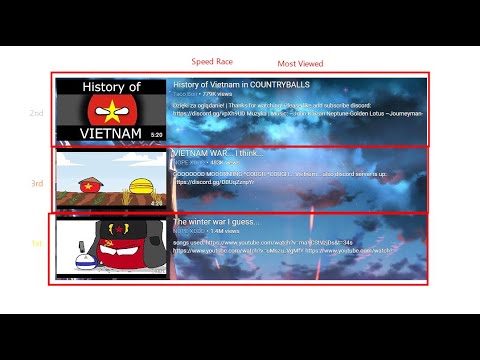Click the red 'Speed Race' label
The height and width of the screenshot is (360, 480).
pyautogui.click(x=211, y=62)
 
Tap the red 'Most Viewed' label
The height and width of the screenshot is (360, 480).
pyautogui.click(x=300, y=63)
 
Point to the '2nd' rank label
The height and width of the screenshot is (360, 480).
pyautogui.click(x=36, y=113)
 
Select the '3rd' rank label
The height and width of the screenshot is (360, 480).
pyautogui.click(x=36, y=183)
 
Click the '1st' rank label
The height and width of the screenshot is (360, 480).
pyautogui.click(x=37, y=244)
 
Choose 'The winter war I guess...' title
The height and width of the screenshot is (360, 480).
pyautogui.click(x=216, y=221)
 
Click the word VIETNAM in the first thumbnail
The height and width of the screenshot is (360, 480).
pyautogui.click(x=110, y=131)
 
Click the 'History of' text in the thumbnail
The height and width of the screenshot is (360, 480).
pyautogui.click(x=110, y=88)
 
